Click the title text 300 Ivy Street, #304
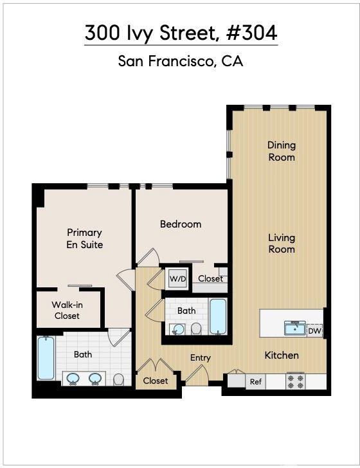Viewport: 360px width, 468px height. click(181, 33)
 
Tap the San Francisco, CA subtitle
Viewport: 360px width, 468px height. click(180, 61)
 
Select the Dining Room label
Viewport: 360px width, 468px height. click(282, 151)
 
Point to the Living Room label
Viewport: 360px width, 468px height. click(282, 243)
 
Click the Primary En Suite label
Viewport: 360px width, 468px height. click(84, 239)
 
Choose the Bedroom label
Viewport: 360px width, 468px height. click(181, 224)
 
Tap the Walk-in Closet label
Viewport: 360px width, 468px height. click(67, 310)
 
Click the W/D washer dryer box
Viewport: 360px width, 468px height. click(178, 279)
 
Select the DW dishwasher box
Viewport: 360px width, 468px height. click(314, 330)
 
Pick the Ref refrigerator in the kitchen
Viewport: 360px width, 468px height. click(256, 382)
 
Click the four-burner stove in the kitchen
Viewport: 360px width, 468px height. click(296, 381)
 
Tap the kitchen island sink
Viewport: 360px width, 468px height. click(295, 328)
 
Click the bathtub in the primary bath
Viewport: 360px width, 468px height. click(46, 358)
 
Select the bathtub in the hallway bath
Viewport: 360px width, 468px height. click(218, 317)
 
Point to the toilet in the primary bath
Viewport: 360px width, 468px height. click(119, 379)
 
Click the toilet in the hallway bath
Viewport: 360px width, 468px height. click(196, 328)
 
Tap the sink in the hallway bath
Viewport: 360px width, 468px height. click(178, 330)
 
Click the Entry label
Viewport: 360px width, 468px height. click(201, 357)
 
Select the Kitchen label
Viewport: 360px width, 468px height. click(282, 355)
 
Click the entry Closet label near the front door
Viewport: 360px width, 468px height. click(155, 381)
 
